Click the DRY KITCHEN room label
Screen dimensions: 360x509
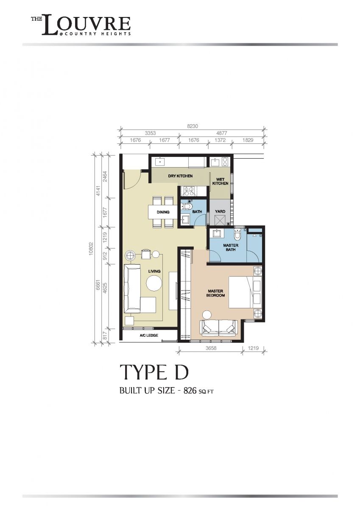click(x=180, y=176)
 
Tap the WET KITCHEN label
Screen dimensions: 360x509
click(x=220, y=182)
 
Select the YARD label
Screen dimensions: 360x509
click(x=220, y=211)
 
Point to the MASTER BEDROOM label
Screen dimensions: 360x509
click(x=216, y=293)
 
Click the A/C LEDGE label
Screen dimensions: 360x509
click(x=149, y=335)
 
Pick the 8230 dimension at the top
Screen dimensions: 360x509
click(x=193, y=126)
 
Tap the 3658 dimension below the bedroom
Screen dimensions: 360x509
click(x=211, y=348)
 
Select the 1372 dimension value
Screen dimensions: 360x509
click(x=220, y=140)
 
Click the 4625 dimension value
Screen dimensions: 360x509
click(x=105, y=288)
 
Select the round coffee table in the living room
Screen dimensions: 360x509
click(x=154, y=283)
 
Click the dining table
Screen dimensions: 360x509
click(x=163, y=212)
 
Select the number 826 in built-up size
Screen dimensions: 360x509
click(x=190, y=391)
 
